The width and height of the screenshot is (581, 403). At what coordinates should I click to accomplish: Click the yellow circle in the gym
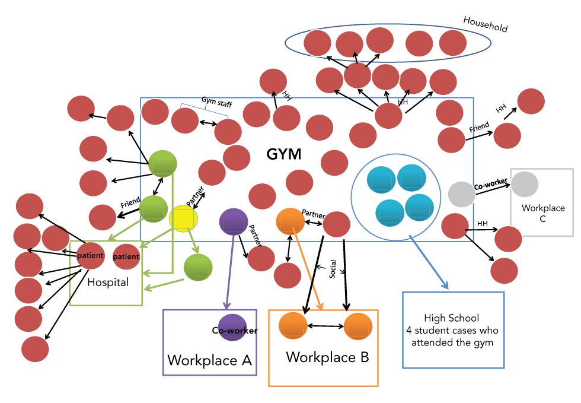point(183,218)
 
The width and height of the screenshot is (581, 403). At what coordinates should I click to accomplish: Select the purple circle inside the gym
point(233,222)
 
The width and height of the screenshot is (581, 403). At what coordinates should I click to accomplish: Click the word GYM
point(284,154)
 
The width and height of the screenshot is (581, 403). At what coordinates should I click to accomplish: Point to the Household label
point(486,24)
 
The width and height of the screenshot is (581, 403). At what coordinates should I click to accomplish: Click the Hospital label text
point(108,282)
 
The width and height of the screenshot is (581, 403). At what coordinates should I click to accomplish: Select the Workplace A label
point(209,360)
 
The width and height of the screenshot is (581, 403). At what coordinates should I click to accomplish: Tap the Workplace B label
point(327,357)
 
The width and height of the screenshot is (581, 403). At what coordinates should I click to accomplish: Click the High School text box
point(453,329)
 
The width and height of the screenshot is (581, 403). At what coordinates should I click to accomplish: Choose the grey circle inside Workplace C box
point(525,185)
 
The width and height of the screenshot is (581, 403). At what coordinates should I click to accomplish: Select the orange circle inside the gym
point(290,221)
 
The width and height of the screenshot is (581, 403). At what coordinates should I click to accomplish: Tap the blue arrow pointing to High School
point(429,262)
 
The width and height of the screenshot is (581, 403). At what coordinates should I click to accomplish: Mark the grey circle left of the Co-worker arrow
point(462,193)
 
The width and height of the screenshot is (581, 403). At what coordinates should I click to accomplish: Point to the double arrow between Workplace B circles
point(325,326)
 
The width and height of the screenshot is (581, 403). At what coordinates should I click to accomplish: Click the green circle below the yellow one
point(198,268)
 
